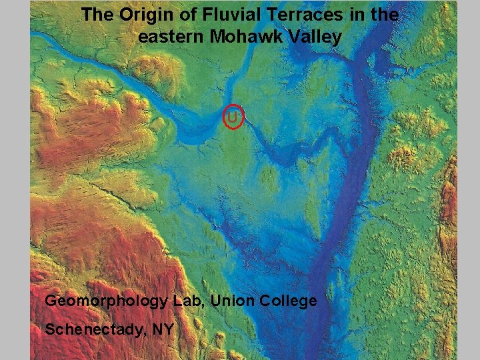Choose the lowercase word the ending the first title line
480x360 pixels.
[x=383, y=15]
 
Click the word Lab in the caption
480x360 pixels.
[x=189, y=301]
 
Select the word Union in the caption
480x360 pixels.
[x=230, y=301]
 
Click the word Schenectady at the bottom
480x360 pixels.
[x=95, y=329]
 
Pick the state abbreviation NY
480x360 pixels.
[x=163, y=329]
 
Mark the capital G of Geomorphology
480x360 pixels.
[x=51, y=301]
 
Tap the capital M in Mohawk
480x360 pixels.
[x=218, y=37]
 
